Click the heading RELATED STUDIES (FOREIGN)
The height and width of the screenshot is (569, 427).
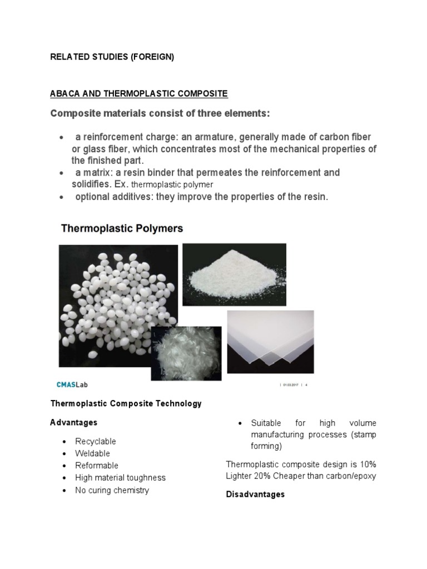tap(112, 57)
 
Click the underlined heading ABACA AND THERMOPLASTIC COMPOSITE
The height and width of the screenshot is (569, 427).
tap(139, 93)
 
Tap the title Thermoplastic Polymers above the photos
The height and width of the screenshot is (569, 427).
tap(121, 228)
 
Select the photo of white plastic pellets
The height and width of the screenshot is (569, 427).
tap(118, 306)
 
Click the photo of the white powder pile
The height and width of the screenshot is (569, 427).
tap(234, 274)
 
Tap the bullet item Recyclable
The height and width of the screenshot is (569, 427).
tap(96, 441)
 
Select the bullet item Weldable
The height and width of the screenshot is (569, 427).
tap(93, 453)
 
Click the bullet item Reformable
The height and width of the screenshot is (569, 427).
tap(97, 466)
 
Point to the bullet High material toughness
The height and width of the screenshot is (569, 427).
tap(120, 478)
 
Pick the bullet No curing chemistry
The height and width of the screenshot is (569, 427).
tap(112, 490)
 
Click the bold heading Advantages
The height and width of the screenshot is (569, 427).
tap(73, 423)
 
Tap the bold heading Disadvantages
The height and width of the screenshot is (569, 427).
tap(255, 494)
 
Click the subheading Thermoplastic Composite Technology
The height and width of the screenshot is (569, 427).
tap(126, 403)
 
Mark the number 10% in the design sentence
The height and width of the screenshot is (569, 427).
tap(366, 464)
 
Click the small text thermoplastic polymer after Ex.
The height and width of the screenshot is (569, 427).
tap(176, 184)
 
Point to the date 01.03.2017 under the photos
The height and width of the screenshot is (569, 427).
tap(291, 385)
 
